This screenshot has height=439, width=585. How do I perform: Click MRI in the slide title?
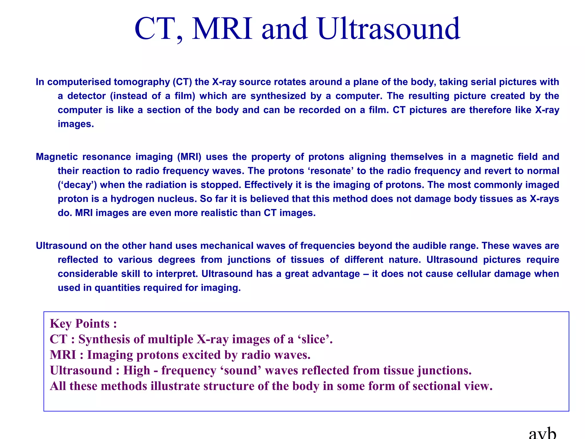pos(222,29)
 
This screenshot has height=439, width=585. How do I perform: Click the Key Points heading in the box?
pos(83,324)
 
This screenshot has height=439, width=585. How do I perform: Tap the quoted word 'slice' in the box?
pos(313,340)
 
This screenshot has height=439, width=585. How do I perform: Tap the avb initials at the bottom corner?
pos(542,434)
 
